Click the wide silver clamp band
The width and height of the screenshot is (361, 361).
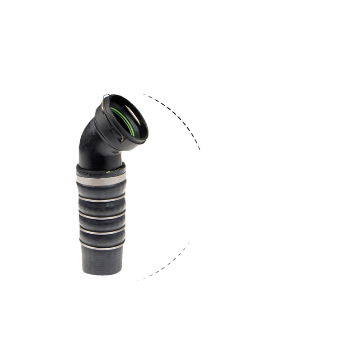(101, 180)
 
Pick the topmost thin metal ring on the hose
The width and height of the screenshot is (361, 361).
(101, 199)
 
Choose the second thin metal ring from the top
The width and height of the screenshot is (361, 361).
(101, 217)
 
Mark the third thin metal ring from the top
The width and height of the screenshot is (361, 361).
(102, 231)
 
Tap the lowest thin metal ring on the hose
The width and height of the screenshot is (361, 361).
(102, 247)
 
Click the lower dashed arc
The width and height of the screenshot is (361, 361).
(167, 264)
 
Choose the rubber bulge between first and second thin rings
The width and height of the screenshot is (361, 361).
(101, 208)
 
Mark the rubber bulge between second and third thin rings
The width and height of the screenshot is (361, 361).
(102, 224)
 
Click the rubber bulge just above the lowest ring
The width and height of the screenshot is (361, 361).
(102, 239)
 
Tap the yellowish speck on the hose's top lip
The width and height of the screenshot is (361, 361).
(109, 171)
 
